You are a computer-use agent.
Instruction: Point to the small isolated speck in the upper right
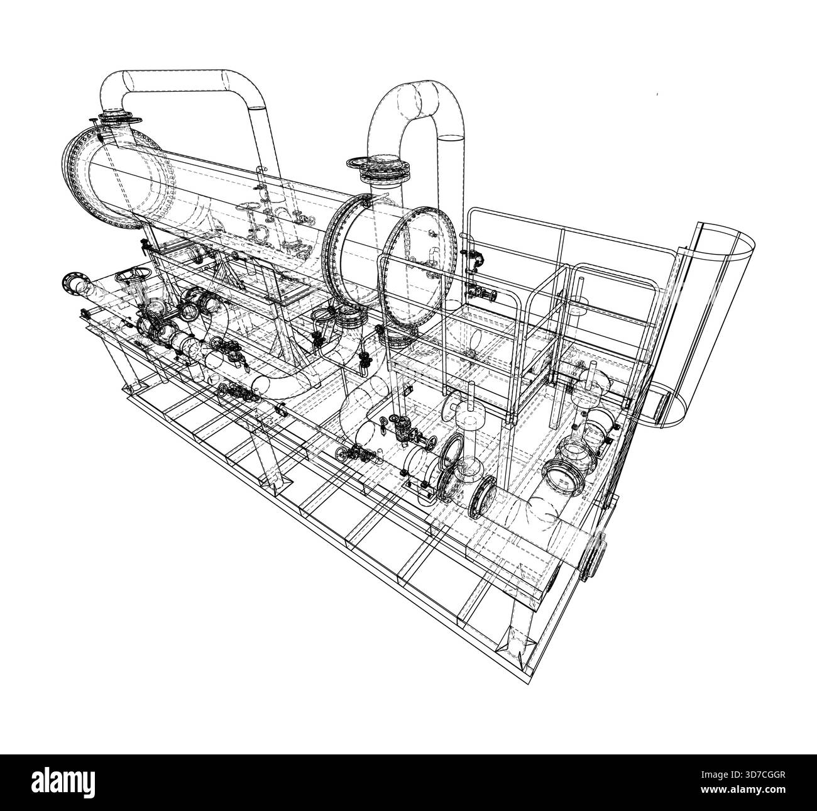pos(655,95)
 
